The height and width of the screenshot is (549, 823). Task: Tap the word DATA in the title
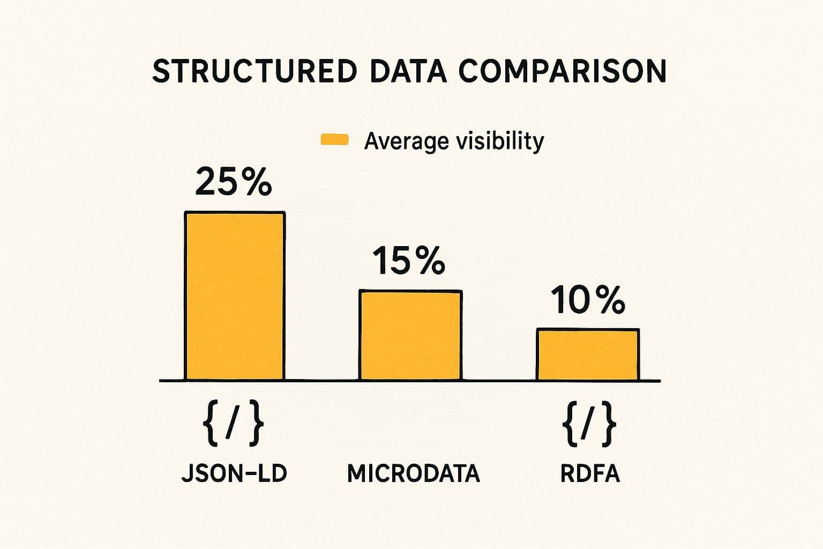408,71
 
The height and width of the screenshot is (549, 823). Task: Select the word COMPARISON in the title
562,71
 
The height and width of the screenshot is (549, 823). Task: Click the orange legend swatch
334,140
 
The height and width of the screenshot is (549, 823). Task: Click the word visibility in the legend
499,141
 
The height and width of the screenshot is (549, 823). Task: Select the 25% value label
234,182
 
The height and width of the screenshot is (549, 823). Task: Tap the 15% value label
408,261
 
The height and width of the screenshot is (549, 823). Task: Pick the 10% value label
587,300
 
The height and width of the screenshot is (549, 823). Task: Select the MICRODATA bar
410,336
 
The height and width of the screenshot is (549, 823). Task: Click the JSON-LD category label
234,473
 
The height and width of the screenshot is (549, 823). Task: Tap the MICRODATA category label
413,474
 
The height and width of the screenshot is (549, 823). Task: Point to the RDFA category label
590,474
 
